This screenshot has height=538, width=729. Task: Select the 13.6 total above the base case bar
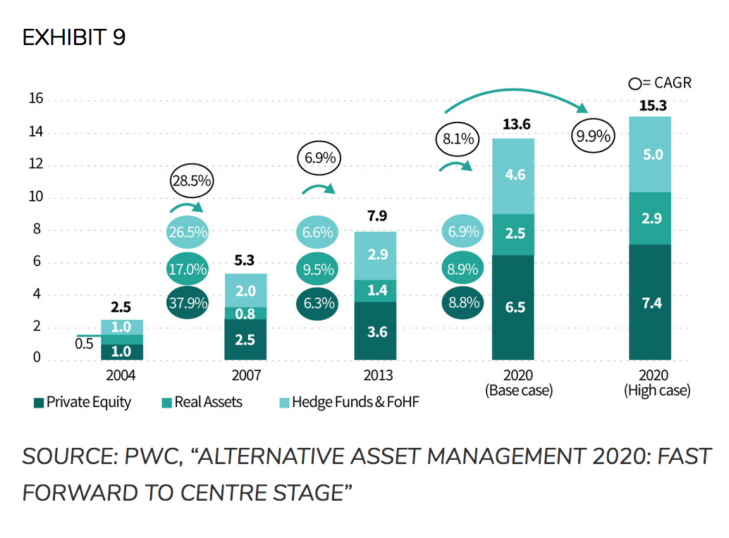[x=516, y=125]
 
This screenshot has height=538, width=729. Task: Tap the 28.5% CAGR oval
[x=192, y=181]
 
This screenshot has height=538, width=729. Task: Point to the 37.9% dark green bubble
[x=188, y=303]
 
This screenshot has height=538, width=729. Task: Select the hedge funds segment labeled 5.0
[x=653, y=154]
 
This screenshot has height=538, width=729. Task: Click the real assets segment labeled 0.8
[x=245, y=314]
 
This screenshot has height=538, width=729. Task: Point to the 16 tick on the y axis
[x=36, y=99]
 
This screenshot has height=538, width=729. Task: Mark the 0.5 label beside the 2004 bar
[x=84, y=344]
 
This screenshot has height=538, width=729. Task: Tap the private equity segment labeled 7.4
[x=653, y=304]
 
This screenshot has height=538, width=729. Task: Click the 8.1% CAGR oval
[x=459, y=139]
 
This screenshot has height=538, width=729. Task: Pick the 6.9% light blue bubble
[x=463, y=232]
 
